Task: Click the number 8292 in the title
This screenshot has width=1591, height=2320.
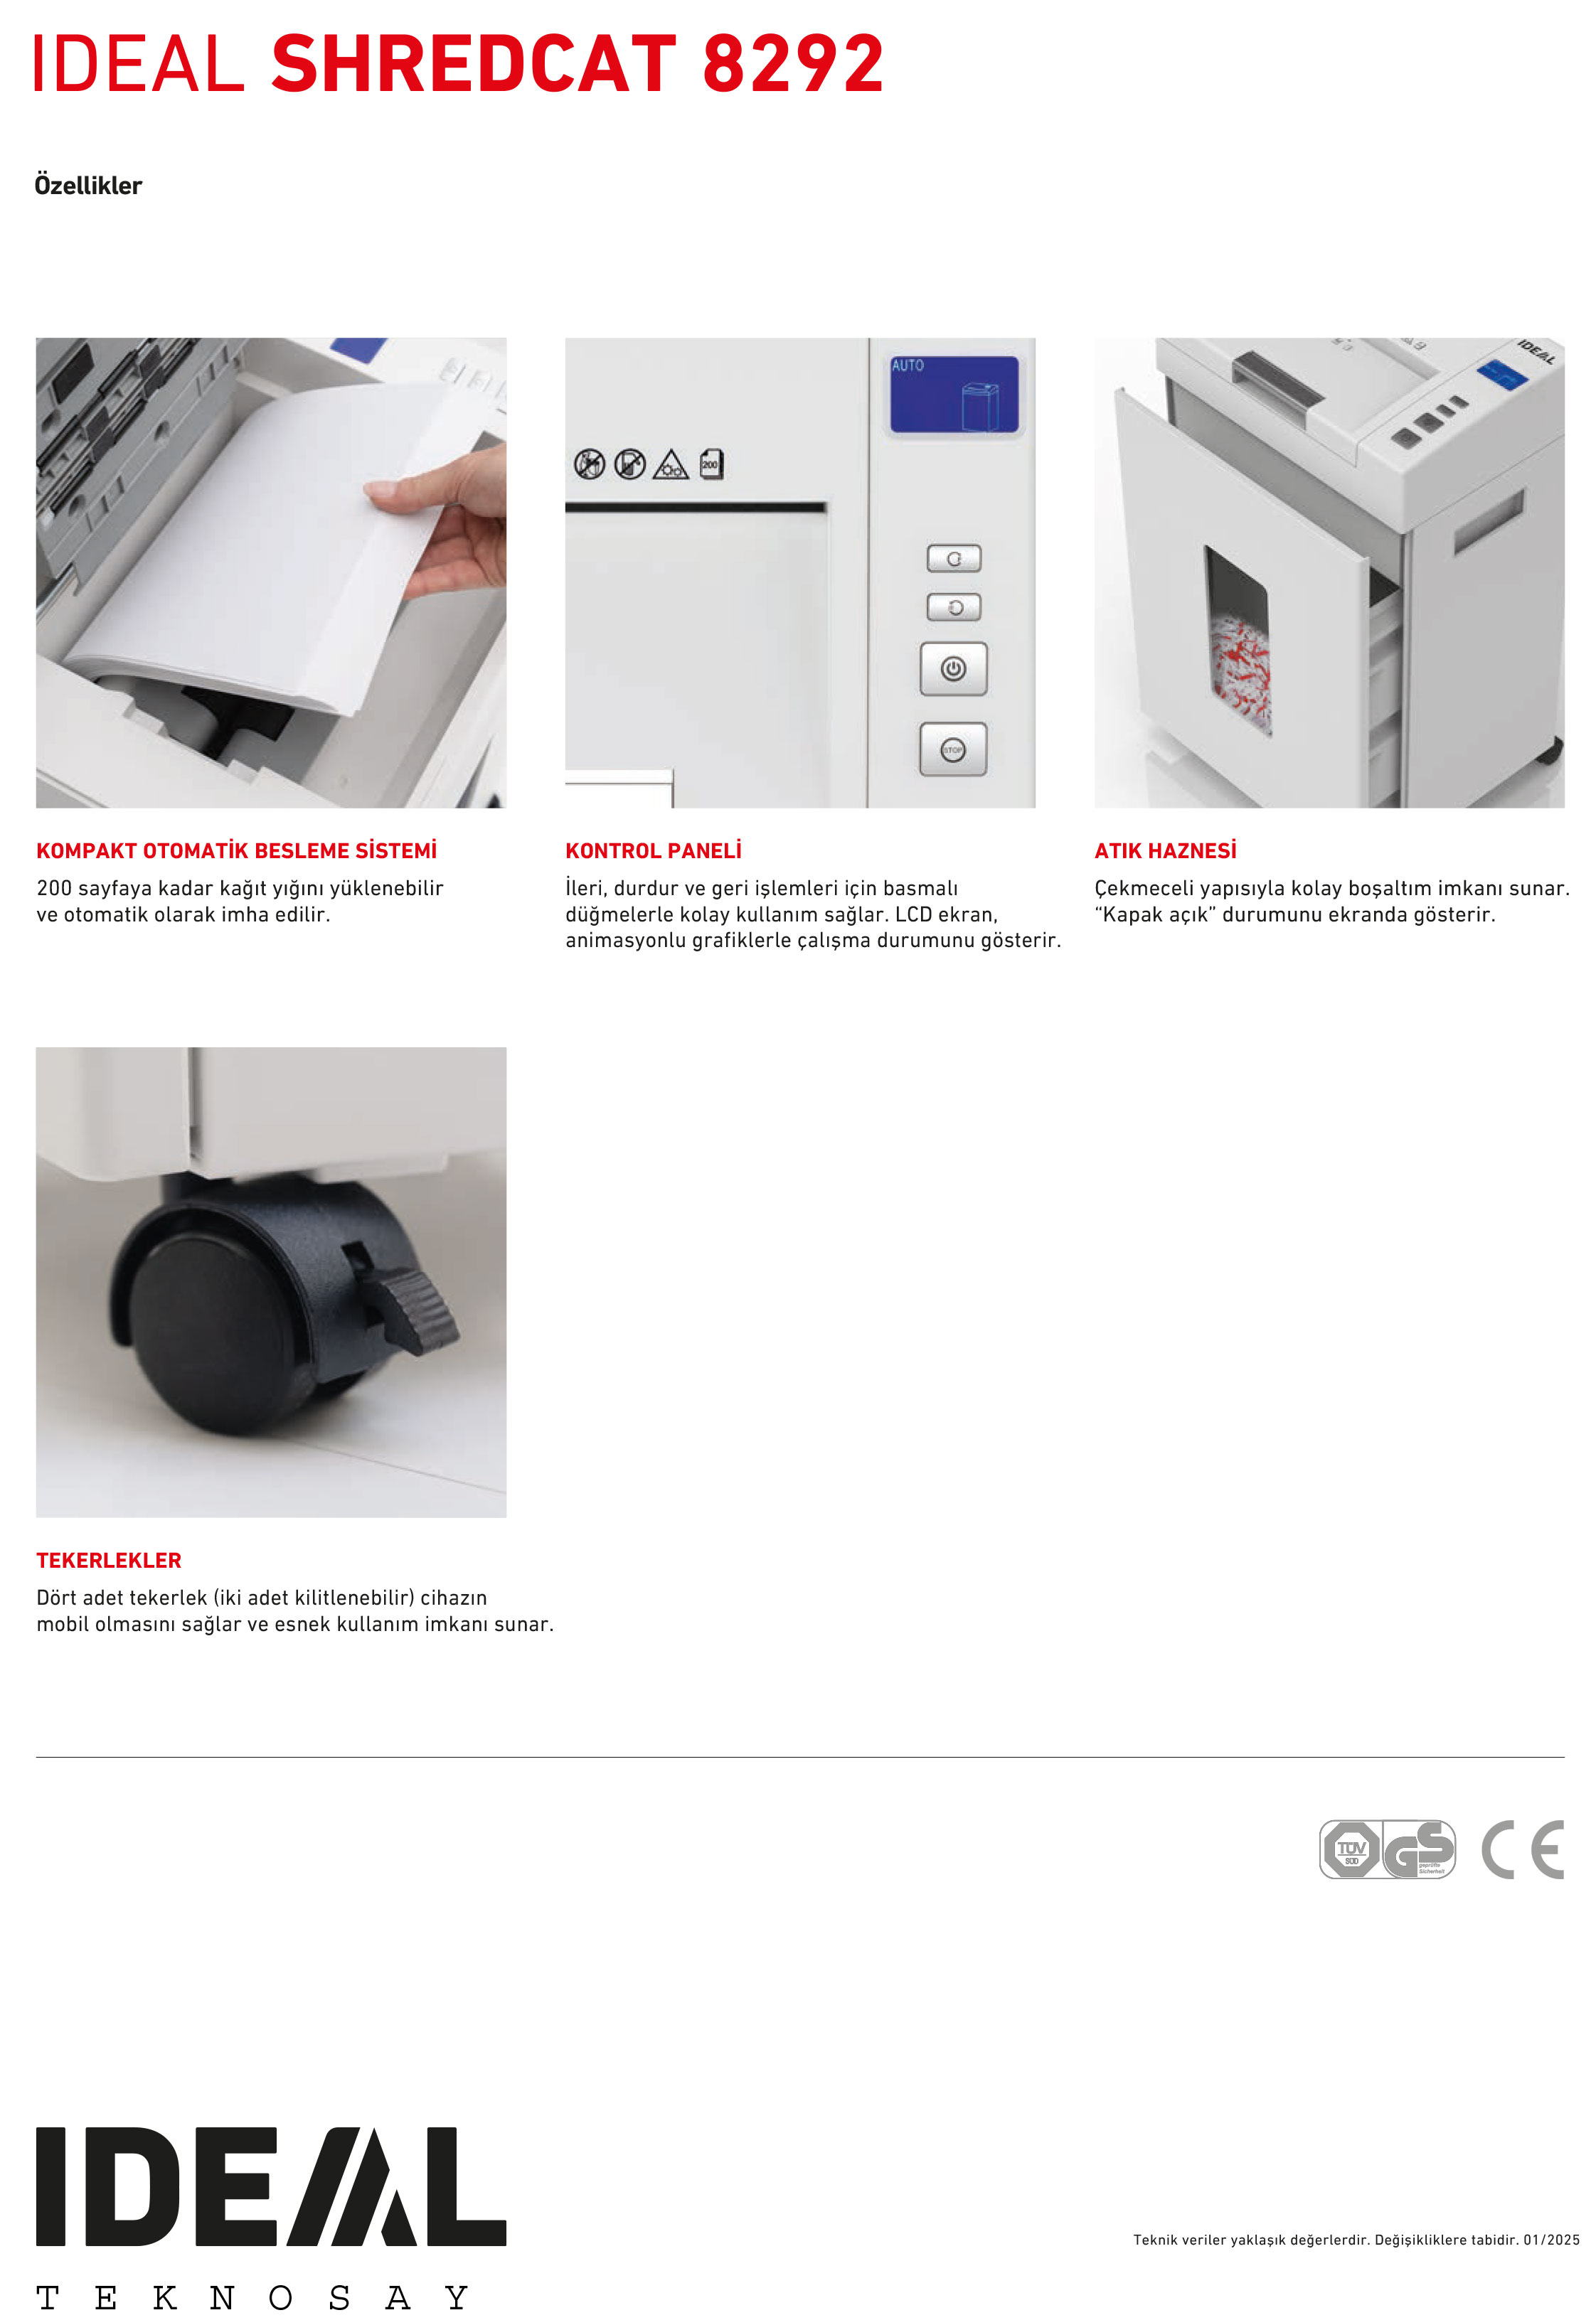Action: click(793, 64)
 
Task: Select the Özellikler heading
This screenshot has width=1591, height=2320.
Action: click(88, 185)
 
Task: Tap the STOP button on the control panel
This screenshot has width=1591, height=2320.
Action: click(953, 749)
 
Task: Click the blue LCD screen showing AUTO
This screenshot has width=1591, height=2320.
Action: click(954, 395)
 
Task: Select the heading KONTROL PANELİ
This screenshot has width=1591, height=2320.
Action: click(653, 850)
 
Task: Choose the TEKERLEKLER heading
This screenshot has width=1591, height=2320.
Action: click(109, 1561)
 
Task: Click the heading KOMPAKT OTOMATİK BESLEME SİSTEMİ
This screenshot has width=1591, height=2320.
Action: click(237, 850)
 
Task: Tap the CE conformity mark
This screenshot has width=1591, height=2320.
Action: click(1522, 1850)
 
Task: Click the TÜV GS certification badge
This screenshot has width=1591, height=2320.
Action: click(1388, 1850)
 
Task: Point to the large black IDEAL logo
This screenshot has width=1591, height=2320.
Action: click(271, 2186)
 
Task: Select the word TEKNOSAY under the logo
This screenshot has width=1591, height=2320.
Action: click(252, 2297)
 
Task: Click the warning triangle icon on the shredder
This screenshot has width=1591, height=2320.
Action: click(670, 464)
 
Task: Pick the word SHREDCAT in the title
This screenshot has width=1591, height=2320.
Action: click(474, 64)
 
